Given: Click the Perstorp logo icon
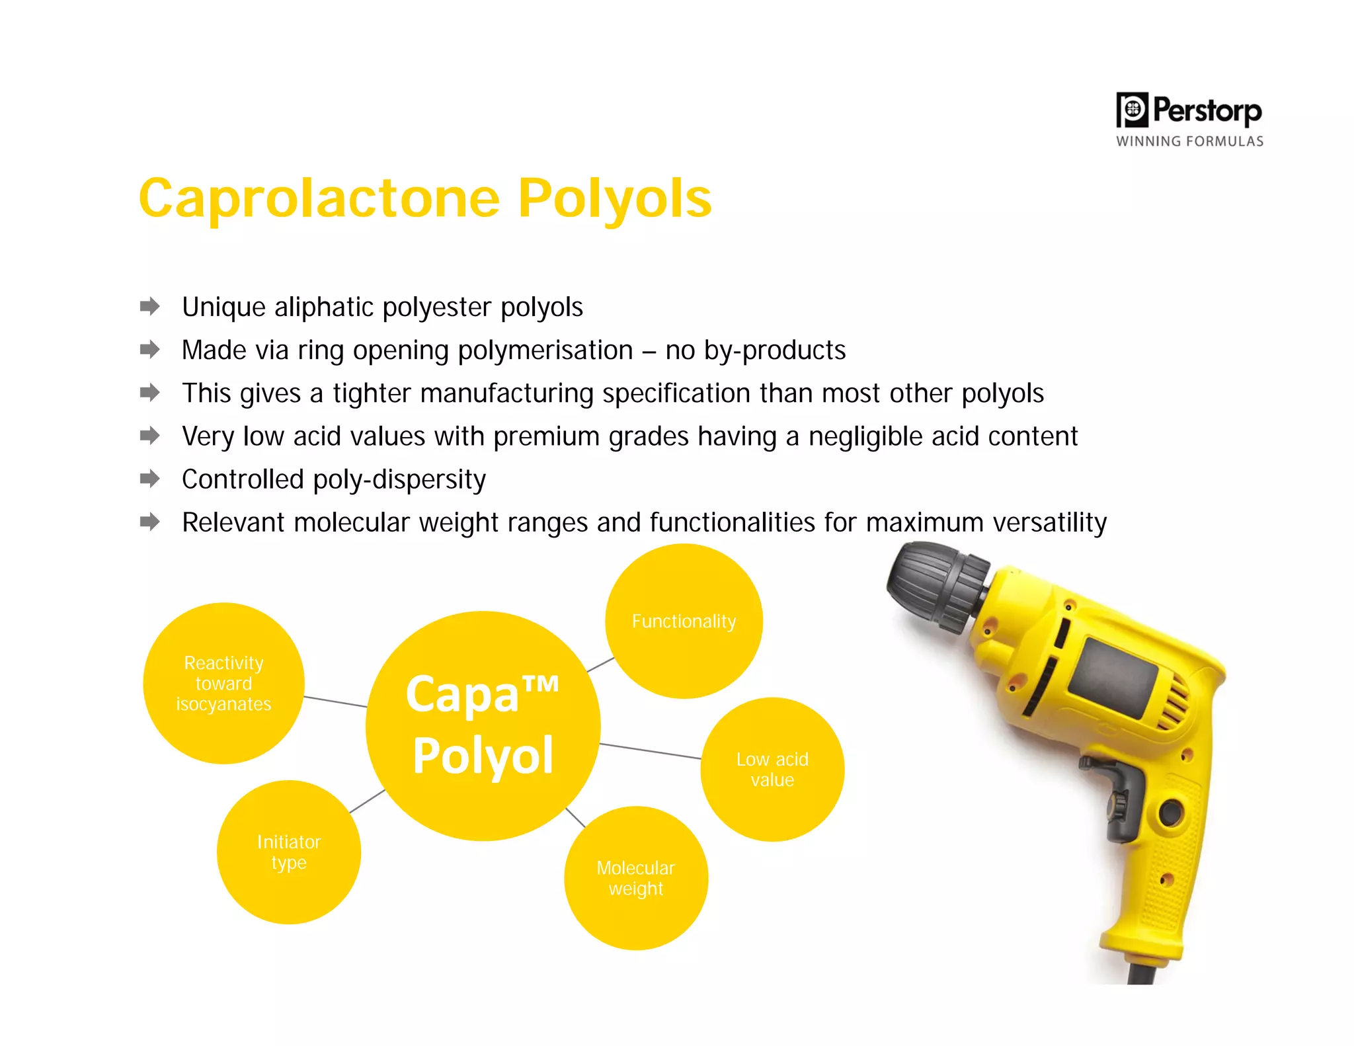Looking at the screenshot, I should (x=1132, y=110).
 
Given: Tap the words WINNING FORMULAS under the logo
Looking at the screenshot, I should (x=1189, y=141).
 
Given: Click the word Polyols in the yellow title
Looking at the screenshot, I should (x=614, y=198).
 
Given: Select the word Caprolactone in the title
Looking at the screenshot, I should (x=319, y=198).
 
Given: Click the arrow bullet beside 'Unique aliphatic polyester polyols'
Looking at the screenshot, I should (x=150, y=307).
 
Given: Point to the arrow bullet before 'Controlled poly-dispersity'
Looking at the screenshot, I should (x=150, y=479).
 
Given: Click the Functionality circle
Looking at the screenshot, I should (x=684, y=621).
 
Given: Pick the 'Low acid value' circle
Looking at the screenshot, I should (x=772, y=769).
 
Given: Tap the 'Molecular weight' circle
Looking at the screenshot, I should (x=635, y=878).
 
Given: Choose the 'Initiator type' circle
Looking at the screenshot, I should (x=289, y=852).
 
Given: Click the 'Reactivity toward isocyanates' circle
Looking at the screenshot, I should (x=223, y=683).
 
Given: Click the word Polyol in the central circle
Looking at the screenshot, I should (x=483, y=756).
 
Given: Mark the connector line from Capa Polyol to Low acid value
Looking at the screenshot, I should (x=651, y=751).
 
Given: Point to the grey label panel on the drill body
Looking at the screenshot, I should (x=1113, y=678).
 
